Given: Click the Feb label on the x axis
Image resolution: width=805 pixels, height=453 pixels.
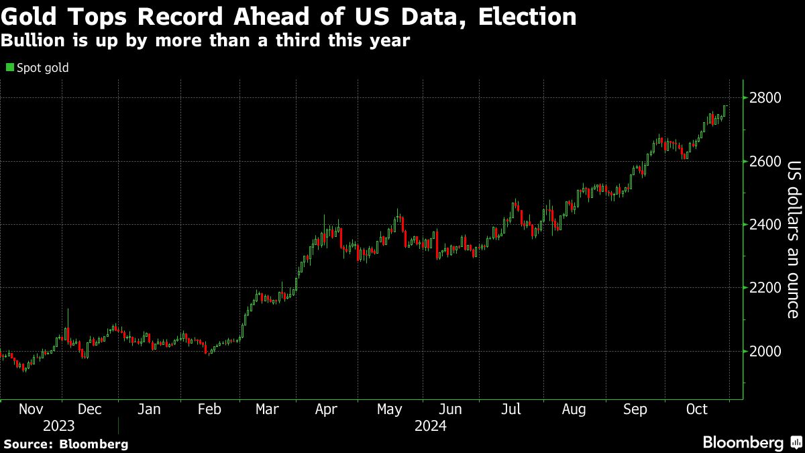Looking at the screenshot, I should pos(210,409).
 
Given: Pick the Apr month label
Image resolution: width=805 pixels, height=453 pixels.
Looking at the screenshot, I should pos(326,409).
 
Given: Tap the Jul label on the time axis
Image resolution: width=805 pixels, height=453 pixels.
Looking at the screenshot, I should pos(511,409).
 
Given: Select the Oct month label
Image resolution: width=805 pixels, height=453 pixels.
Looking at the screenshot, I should pos(697,409).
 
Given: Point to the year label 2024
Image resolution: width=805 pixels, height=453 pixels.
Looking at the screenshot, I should pos(431,426).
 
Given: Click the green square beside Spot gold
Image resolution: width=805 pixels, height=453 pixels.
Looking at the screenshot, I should pos(9,67).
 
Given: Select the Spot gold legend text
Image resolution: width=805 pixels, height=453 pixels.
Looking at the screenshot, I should pos(42,68).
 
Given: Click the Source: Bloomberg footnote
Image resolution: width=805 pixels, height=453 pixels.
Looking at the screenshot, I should pos(66,444).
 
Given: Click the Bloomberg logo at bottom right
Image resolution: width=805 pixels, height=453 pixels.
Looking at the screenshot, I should pos(751,443).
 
